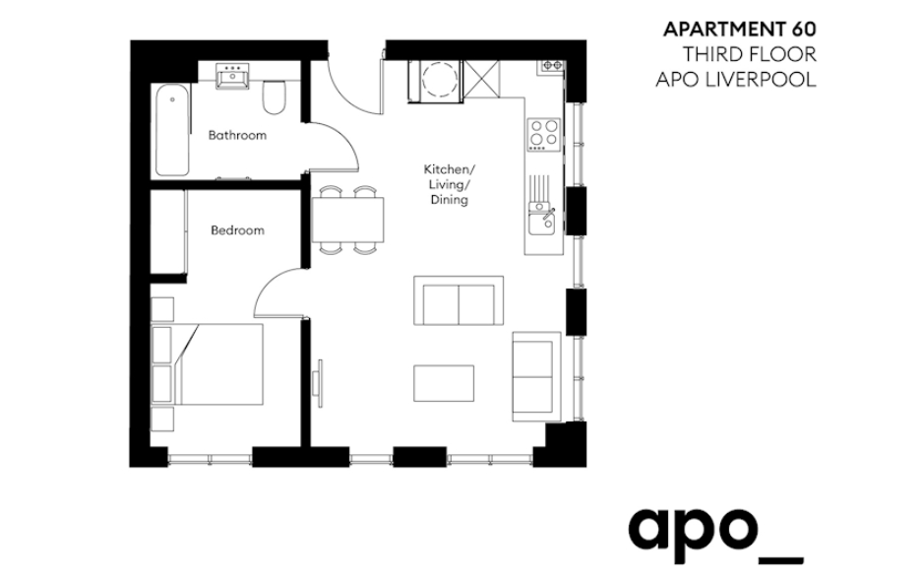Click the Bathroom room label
pyautogui.click(x=237, y=135)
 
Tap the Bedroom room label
pyautogui.click(x=237, y=230)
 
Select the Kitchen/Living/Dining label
pyautogui.click(x=450, y=185)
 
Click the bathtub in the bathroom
pyautogui.click(x=172, y=130)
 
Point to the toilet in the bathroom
pyautogui.click(x=274, y=97)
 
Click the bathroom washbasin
pyautogui.click(x=232, y=77)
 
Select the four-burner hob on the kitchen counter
pyautogui.click(x=544, y=134)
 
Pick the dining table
pyautogui.click(x=347, y=220)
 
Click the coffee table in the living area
pyautogui.click(x=444, y=383)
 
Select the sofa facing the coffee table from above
pyautogui.click(x=459, y=300)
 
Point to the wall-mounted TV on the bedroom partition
pyautogui.click(x=319, y=383)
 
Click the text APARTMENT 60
pyautogui.click(x=740, y=29)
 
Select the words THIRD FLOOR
pyautogui.click(x=749, y=55)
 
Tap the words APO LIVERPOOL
pyautogui.click(x=736, y=80)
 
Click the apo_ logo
pyautogui.click(x=715, y=536)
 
